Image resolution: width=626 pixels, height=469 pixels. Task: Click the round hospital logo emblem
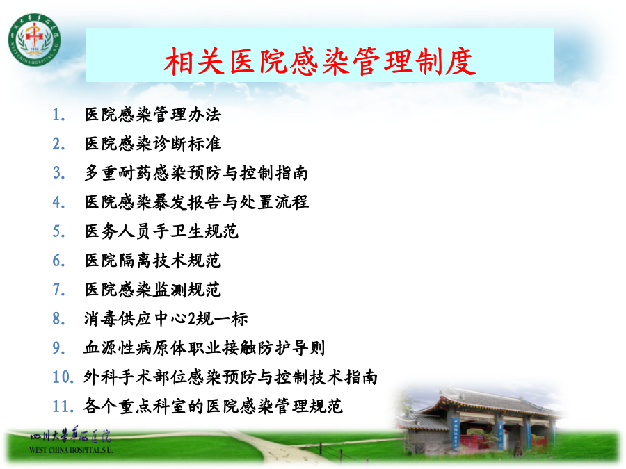pyautogui.click(x=35, y=40)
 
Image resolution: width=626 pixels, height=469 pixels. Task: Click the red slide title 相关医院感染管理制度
pyautogui.click(x=320, y=61)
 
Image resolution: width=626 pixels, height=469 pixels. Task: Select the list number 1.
pyautogui.click(x=58, y=115)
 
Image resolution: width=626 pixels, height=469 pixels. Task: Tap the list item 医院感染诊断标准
pyautogui.click(x=153, y=144)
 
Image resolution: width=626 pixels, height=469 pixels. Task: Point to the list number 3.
pyautogui.click(x=58, y=173)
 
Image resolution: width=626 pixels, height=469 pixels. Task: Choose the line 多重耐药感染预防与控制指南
pyautogui.click(x=196, y=173)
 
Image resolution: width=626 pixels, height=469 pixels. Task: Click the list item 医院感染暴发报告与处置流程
pyautogui.click(x=196, y=202)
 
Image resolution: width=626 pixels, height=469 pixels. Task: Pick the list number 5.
pyautogui.click(x=58, y=231)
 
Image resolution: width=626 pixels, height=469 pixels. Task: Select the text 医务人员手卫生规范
pyautogui.click(x=161, y=231)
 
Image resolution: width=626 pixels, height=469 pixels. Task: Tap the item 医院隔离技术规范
pyautogui.click(x=153, y=261)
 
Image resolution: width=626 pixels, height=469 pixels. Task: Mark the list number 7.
pyautogui.click(x=58, y=290)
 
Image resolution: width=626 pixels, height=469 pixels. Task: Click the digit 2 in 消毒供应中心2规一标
pyautogui.click(x=192, y=319)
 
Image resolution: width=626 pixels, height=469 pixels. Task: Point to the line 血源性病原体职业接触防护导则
pyautogui.click(x=204, y=348)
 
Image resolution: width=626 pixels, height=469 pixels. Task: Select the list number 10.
pyautogui.click(x=63, y=377)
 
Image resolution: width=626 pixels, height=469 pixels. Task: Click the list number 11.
pyautogui.click(x=63, y=406)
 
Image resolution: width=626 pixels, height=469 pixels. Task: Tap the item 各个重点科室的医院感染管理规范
pyautogui.click(x=214, y=406)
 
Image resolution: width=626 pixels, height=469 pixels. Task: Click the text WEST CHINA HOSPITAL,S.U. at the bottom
pyautogui.click(x=71, y=450)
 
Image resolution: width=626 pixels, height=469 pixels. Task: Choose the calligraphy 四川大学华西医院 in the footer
pyautogui.click(x=70, y=435)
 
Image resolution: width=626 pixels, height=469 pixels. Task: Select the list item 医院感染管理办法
pyautogui.click(x=153, y=115)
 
